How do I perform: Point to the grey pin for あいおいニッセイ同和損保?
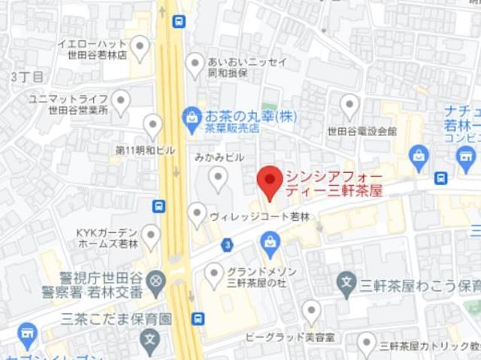pyautogui.click(x=195, y=63)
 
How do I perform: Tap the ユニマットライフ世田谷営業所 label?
pyautogui.click(x=68, y=104)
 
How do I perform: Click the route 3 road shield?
pyautogui.click(x=227, y=245)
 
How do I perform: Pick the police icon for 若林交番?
pyautogui.click(x=156, y=281)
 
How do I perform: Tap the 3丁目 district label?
pyautogui.click(x=28, y=77)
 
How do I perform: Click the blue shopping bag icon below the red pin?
pyautogui.click(x=269, y=242)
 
